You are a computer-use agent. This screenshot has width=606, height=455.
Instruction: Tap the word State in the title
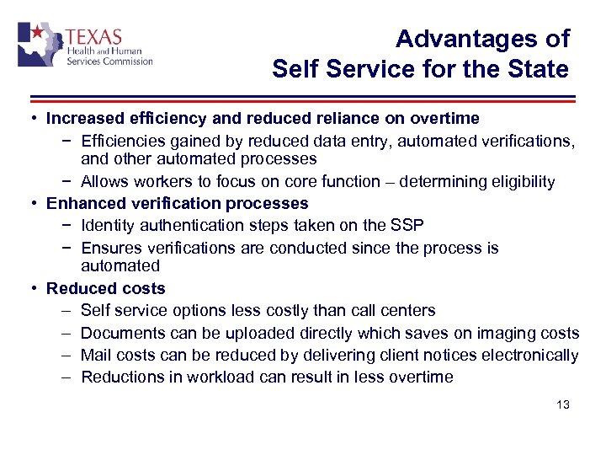click(x=539, y=68)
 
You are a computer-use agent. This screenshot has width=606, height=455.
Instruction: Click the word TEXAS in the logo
click(x=93, y=37)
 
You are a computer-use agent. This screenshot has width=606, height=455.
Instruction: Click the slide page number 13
click(x=563, y=404)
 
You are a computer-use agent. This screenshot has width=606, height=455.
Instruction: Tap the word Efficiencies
click(x=123, y=142)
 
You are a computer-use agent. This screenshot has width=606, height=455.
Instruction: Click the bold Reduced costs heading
click(x=106, y=288)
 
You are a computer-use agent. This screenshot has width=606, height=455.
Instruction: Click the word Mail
click(x=95, y=355)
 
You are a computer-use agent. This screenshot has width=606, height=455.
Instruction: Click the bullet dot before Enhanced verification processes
click(x=29, y=203)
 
